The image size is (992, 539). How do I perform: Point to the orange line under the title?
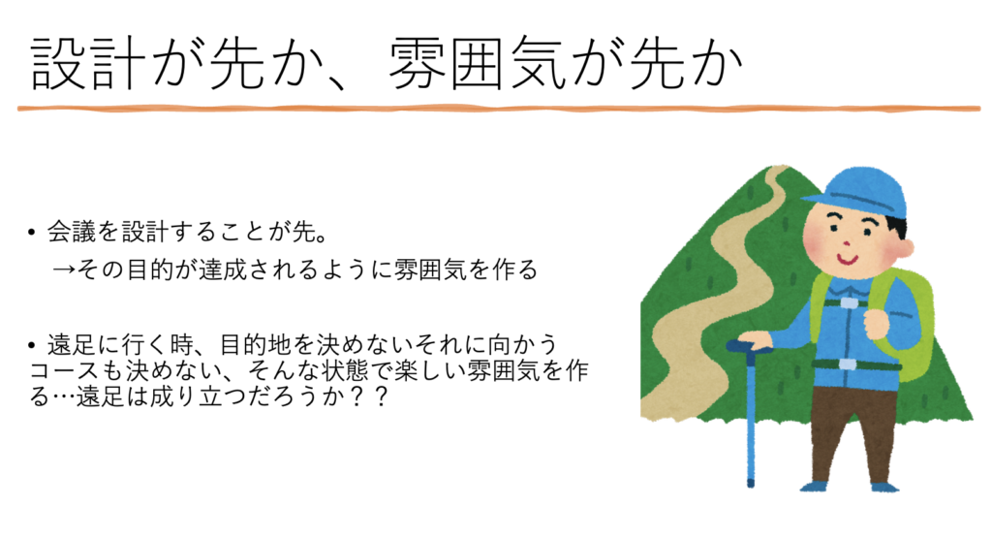499,109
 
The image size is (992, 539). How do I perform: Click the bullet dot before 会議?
32,233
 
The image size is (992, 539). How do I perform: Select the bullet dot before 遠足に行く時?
32,346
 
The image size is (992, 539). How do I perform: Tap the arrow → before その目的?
65,269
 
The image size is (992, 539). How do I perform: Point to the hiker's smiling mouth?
847,259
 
